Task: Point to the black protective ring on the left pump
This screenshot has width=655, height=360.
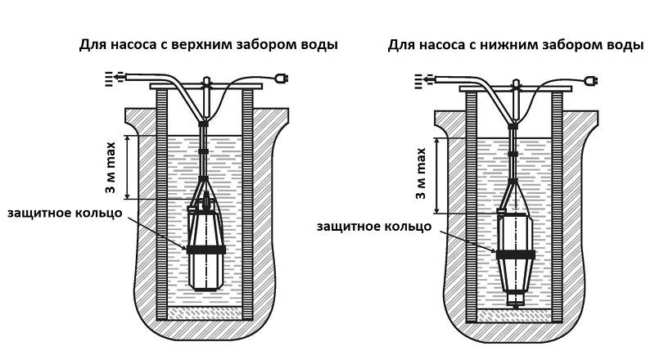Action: (x=206, y=249)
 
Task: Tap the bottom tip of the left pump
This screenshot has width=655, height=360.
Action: (x=206, y=288)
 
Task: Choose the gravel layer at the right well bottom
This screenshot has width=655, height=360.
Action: (x=514, y=315)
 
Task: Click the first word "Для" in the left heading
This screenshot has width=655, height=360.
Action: (x=91, y=44)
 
